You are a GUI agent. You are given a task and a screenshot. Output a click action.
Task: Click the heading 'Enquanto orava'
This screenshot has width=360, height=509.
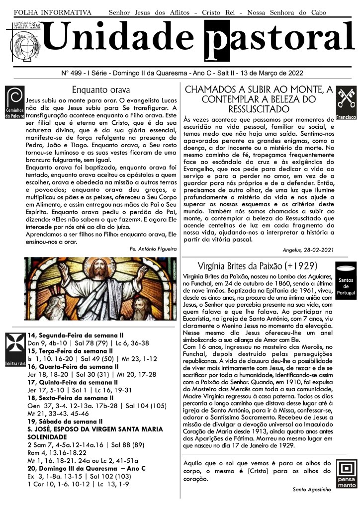point(101,90)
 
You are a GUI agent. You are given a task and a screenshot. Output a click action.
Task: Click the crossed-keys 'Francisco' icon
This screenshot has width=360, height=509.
point(346,103)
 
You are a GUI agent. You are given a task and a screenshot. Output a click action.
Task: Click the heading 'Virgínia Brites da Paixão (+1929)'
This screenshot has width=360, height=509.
point(257,265)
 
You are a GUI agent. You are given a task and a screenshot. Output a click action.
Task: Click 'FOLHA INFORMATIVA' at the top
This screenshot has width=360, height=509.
point(52,11)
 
